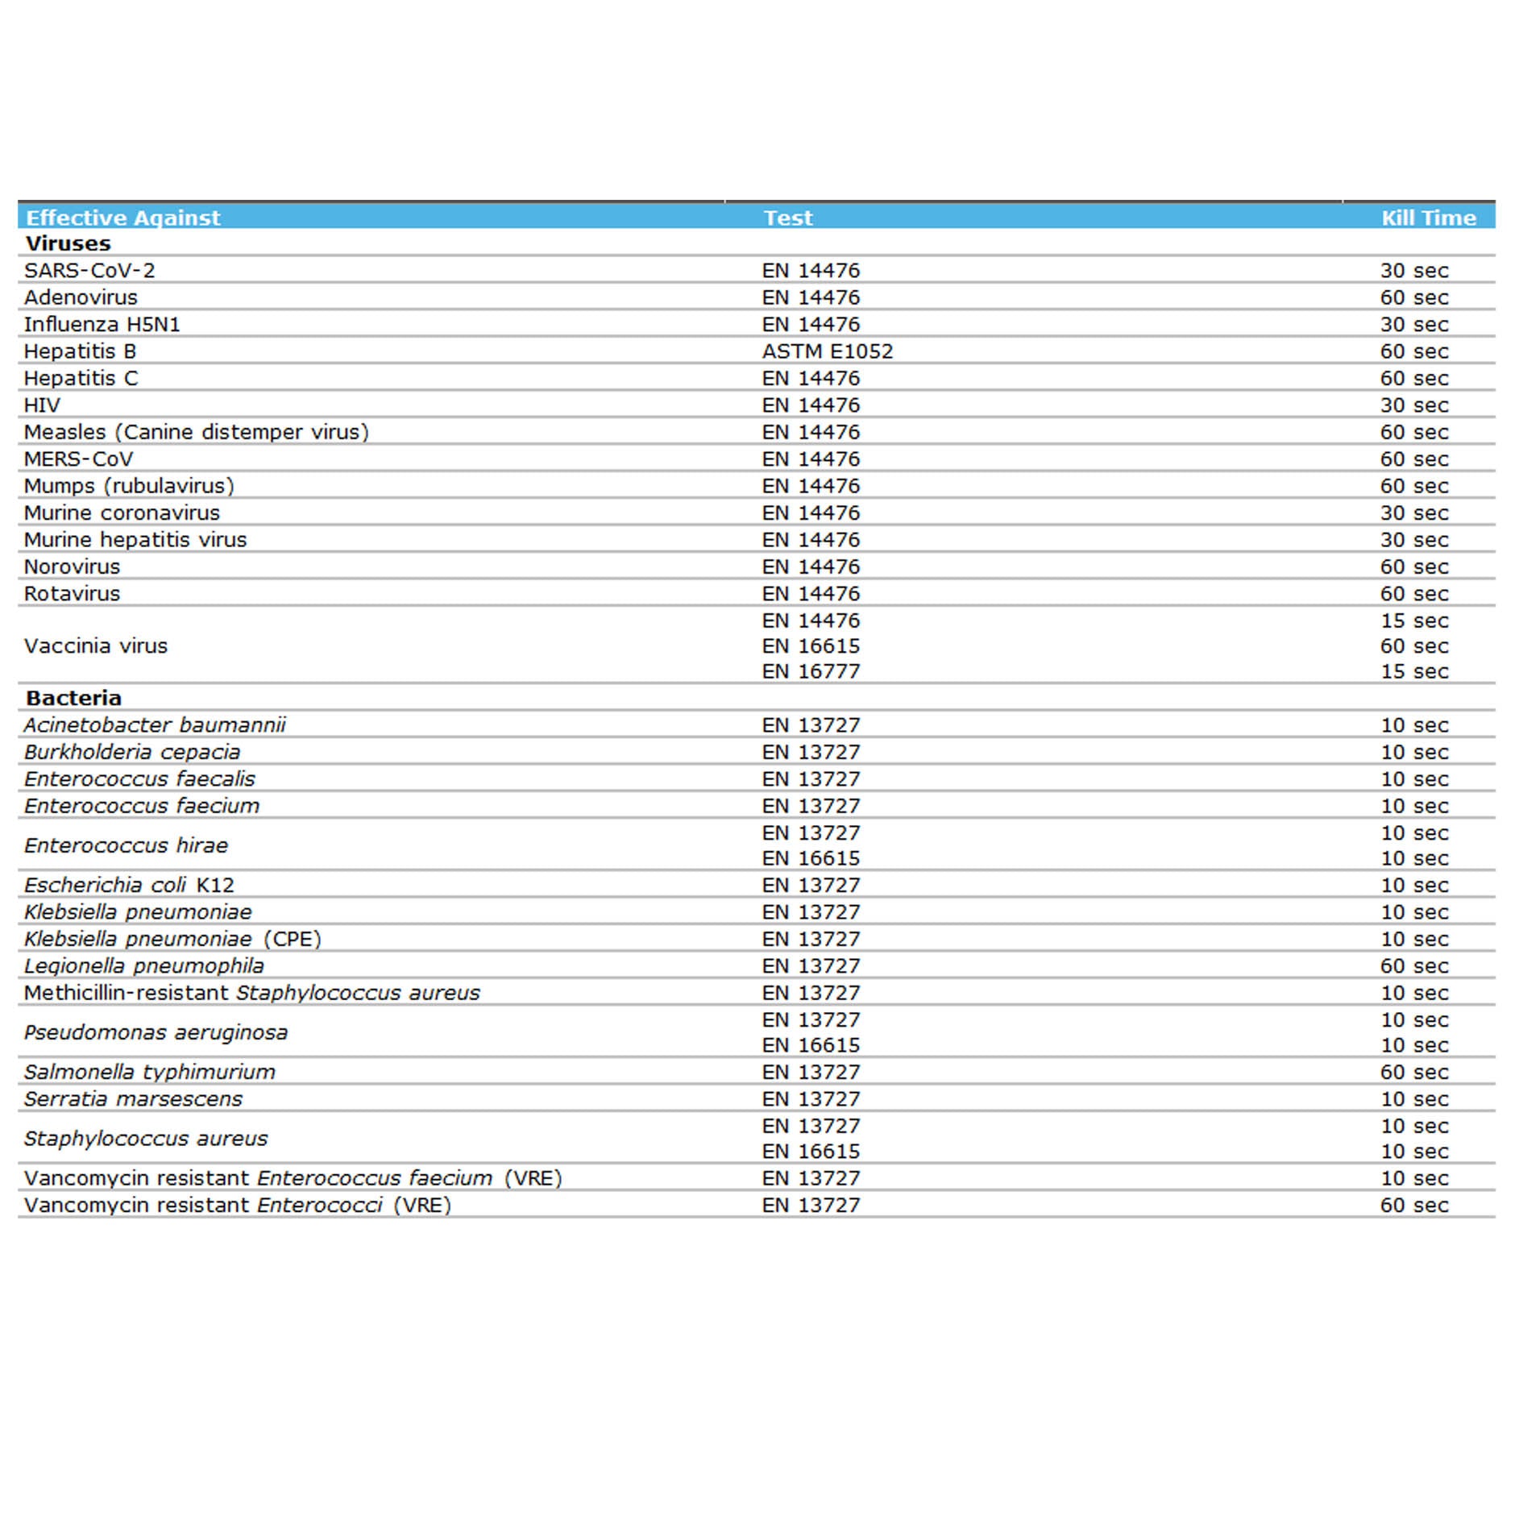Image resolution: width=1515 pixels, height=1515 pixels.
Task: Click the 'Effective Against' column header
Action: (122, 218)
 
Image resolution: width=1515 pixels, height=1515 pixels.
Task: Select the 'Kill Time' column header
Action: (1428, 218)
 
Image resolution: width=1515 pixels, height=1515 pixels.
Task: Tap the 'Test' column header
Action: (788, 218)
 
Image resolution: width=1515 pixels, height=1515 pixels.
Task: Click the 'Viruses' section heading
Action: (68, 243)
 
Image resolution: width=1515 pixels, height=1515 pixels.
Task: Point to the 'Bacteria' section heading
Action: (73, 698)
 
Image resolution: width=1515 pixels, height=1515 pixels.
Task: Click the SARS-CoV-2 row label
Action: (89, 271)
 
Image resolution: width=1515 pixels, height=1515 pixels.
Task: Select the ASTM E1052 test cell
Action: (828, 351)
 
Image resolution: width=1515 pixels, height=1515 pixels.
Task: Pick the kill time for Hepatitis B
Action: (1414, 351)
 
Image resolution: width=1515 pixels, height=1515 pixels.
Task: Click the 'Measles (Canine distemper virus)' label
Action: (196, 432)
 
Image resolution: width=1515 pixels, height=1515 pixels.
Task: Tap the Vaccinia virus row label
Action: (96, 645)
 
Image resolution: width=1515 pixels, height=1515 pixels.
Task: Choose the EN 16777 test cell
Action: (811, 671)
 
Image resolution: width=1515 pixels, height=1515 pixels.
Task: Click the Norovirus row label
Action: (72, 567)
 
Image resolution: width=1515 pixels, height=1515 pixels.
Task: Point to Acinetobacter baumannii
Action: (155, 725)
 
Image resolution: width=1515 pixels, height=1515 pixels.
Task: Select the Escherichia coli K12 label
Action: (129, 885)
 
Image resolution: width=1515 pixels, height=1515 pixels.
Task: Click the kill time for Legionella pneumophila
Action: (1414, 965)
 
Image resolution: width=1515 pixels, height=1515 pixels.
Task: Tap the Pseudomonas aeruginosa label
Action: (156, 1032)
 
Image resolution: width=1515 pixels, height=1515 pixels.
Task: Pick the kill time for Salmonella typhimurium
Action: (1414, 1072)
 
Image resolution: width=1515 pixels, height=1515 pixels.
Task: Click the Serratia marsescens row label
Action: (133, 1099)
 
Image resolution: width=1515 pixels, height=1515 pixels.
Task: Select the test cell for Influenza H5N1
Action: (811, 324)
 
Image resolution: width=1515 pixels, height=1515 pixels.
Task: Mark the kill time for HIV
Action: (1414, 405)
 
